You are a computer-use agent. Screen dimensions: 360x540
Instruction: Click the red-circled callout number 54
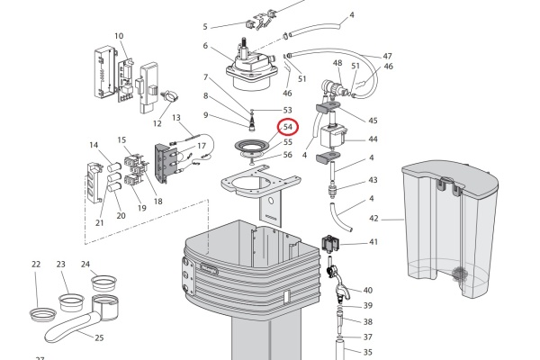pyautogui.click(x=288, y=129)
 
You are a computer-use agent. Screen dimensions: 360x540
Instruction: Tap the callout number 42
pyautogui.click(x=374, y=219)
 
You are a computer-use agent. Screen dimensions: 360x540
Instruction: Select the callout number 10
pyautogui.click(x=119, y=36)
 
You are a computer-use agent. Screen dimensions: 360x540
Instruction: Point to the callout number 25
pyautogui.click(x=99, y=337)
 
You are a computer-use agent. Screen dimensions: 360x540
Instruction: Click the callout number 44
pyautogui.click(x=373, y=139)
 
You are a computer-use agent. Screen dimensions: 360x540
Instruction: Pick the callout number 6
pyautogui.click(x=205, y=46)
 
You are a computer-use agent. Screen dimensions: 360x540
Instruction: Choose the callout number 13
pyautogui.click(x=176, y=118)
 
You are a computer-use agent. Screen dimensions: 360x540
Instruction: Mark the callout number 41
pyautogui.click(x=373, y=242)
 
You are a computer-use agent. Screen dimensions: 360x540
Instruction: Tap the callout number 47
pyautogui.click(x=388, y=56)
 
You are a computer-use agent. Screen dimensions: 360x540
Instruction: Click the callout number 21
pyautogui.click(x=99, y=223)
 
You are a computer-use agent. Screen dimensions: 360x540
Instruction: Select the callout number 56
pyautogui.click(x=288, y=155)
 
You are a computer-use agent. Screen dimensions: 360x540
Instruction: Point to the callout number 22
pyautogui.click(x=36, y=265)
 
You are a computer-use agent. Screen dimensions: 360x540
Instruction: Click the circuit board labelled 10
pyautogui.click(x=106, y=69)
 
